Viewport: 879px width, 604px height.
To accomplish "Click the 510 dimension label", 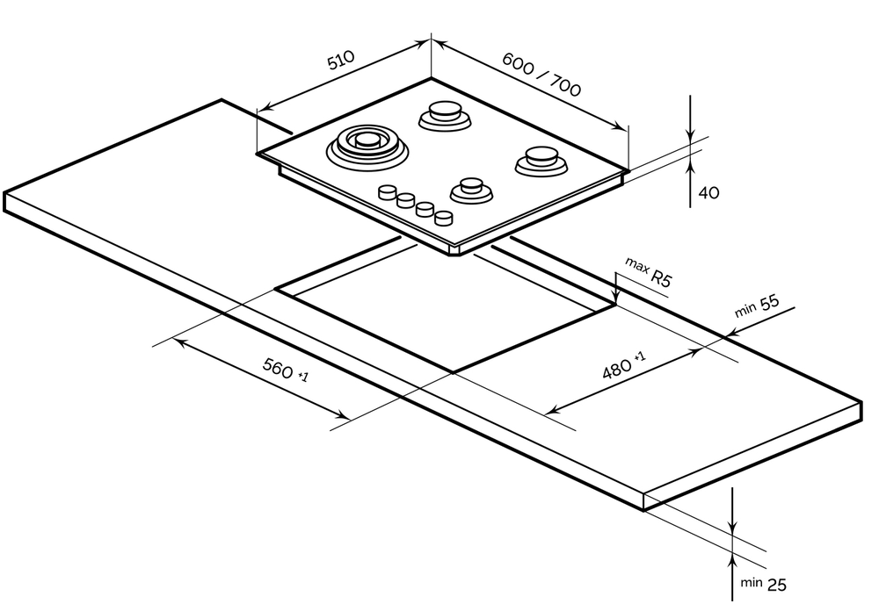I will [340, 60].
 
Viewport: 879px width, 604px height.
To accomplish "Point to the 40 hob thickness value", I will [708, 192].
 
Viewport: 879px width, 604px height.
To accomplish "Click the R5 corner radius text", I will [661, 280].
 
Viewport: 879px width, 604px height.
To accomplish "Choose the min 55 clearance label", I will [758, 306].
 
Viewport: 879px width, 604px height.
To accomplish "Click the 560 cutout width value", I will [278, 370].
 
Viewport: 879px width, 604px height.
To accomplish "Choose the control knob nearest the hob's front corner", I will [446, 216].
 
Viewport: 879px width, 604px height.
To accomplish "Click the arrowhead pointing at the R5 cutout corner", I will [617, 299].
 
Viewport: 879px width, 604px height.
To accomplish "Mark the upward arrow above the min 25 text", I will [733, 561].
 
